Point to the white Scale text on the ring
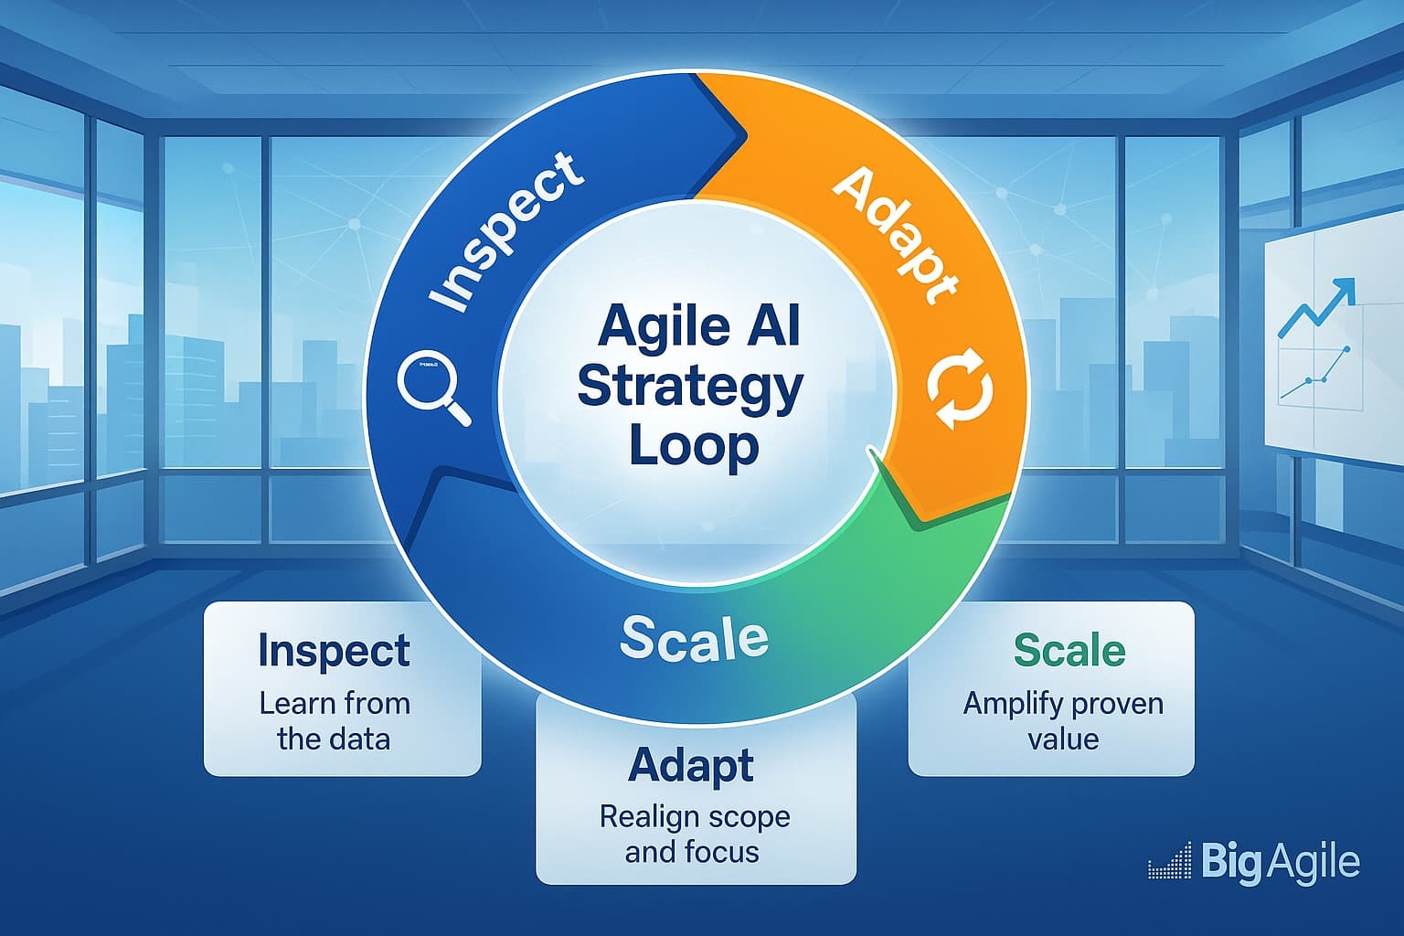point(694,637)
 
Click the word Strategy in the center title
point(690,388)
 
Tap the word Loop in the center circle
point(695,447)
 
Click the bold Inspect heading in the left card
point(334,650)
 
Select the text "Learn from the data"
point(334,721)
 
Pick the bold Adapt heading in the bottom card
point(691,764)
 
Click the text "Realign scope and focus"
point(694,834)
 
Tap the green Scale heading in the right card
point(1069,650)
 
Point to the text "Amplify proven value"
point(1063,720)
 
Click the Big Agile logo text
point(1280,862)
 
